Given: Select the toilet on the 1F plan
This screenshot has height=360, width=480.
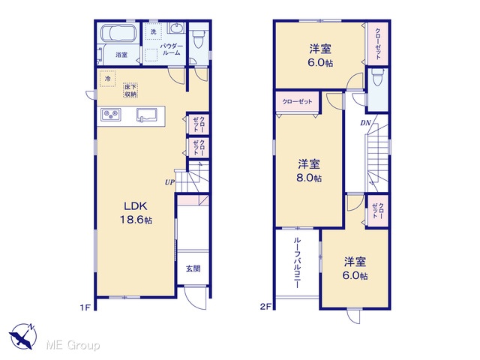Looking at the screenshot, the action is (x=198, y=39).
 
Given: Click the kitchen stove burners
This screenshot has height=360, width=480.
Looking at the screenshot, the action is (x=111, y=114).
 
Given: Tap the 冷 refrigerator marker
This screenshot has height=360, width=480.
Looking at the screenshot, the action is (x=107, y=79).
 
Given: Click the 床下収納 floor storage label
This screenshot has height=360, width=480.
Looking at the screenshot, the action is (x=130, y=91).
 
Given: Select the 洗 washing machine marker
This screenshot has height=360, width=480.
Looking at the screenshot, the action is (x=153, y=31).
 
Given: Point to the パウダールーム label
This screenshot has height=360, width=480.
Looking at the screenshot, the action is (x=172, y=49).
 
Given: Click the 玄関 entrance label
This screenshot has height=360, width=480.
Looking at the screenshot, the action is (x=193, y=268).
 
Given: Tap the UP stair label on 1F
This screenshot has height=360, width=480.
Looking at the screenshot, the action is (x=169, y=182).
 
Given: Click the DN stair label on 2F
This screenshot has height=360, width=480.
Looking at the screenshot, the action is (x=365, y=123).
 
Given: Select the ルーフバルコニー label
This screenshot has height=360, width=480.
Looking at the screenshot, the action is (x=296, y=262).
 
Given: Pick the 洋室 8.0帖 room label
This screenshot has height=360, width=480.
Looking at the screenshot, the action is (x=309, y=171).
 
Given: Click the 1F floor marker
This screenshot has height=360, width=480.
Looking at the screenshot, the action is (x=85, y=307).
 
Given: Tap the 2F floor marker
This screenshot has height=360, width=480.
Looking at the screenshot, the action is (x=265, y=307).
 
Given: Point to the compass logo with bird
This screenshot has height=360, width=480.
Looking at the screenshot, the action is (x=22, y=336).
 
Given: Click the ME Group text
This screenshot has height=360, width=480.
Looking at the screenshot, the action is (x=73, y=346).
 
